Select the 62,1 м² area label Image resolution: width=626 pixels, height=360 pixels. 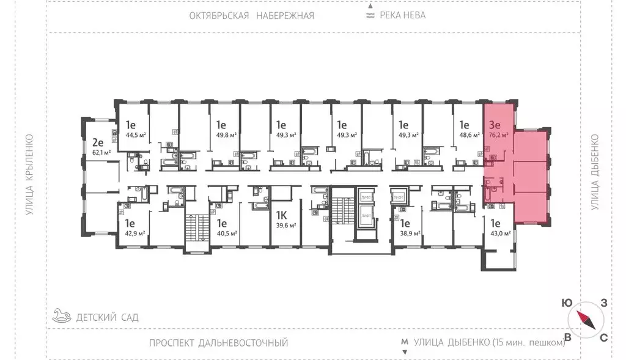101,152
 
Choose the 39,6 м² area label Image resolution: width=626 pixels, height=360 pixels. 285,224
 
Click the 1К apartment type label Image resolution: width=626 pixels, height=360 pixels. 282,215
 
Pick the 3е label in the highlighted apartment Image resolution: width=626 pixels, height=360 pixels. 495,126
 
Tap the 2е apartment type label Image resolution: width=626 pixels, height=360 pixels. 98,142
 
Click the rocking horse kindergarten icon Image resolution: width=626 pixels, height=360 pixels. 61,316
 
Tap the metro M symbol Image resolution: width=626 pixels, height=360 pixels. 403,342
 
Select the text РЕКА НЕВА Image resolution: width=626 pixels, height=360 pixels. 402,15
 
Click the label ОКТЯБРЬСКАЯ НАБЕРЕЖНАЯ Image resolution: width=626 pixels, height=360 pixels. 252,15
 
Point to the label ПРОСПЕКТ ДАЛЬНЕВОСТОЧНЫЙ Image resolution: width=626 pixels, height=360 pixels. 218,343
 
